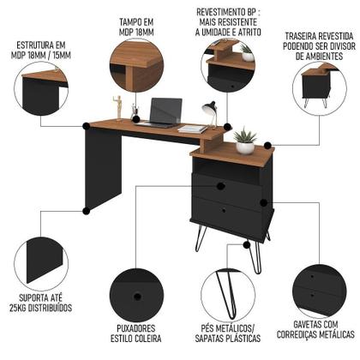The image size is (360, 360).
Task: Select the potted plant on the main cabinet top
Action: point(244,141)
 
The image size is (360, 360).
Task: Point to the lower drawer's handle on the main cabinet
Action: point(221,210)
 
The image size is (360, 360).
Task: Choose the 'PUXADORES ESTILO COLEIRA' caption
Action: point(137,332)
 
